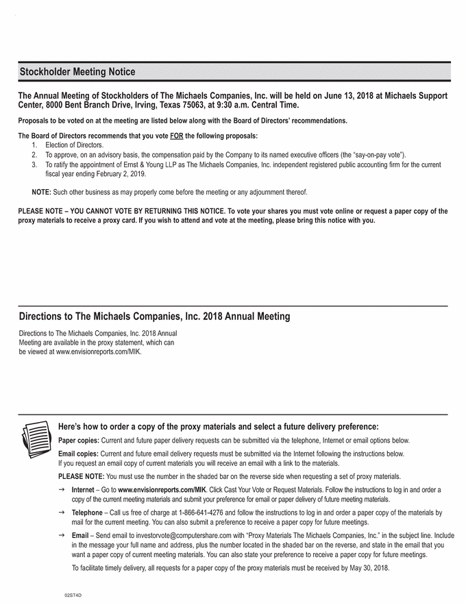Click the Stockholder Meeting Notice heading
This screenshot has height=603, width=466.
coord(77,72)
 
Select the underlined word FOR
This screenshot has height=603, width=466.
coord(176,135)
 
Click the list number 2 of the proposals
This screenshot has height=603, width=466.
coord(34,155)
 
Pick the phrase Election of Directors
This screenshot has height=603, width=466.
coord(75,145)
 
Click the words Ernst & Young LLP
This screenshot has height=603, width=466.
coord(154,165)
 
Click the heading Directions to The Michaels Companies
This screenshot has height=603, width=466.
coord(154,317)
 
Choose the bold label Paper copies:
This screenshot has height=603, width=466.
coord(79,441)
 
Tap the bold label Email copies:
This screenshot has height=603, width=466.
coord(79,454)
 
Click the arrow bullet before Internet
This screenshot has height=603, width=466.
coord(63,489)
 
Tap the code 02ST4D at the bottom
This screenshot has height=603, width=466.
coord(73,596)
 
